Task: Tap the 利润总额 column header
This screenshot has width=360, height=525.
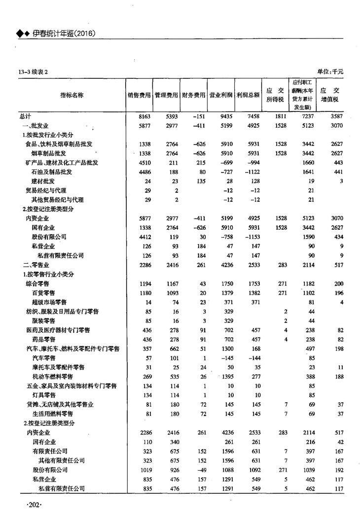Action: [248, 95]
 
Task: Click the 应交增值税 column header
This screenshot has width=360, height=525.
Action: [330, 95]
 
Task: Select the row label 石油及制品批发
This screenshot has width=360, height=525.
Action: [52, 172]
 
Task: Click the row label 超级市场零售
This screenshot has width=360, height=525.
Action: [49, 302]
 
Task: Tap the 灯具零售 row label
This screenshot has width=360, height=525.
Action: [43, 395]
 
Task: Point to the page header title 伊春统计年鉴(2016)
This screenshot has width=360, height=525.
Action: [63, 34]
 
